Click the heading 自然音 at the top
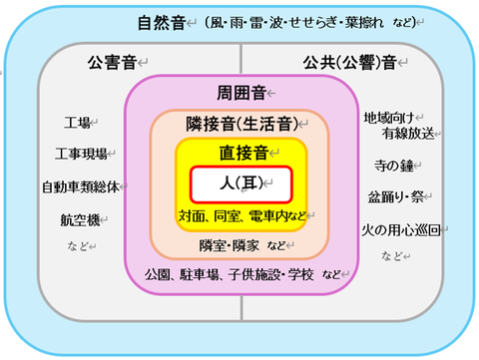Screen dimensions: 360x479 point(162,22)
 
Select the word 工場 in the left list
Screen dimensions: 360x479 point(77,123)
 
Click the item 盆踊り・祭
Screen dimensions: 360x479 point(396,196)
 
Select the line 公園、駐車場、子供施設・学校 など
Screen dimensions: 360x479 point(243,273)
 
